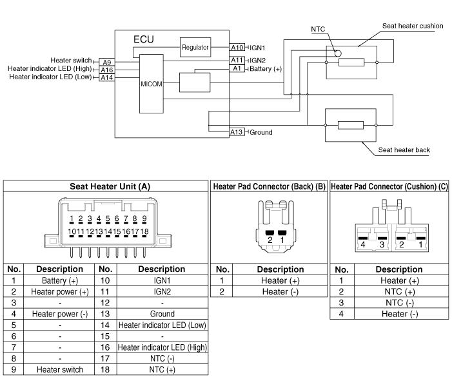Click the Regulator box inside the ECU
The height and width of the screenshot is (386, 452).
coord(195,47)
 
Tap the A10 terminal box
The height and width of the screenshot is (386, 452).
coord(237,48)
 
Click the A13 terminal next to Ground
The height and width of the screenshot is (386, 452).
coord(237,132)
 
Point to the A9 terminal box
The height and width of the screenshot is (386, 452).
coord(106,61)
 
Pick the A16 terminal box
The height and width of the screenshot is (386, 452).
coord(106,69)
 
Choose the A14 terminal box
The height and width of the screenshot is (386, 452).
coord(106,77)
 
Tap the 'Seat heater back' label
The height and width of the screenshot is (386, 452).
coord(404,150)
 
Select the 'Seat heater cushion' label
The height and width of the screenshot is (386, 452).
coord(413,26)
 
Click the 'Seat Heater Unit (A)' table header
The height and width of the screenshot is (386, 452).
coord(110,186)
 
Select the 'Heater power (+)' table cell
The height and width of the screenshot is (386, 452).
coord(59,292)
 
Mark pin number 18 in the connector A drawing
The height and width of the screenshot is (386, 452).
coord(145,231)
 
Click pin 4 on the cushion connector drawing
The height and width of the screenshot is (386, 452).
coord(364,245)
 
